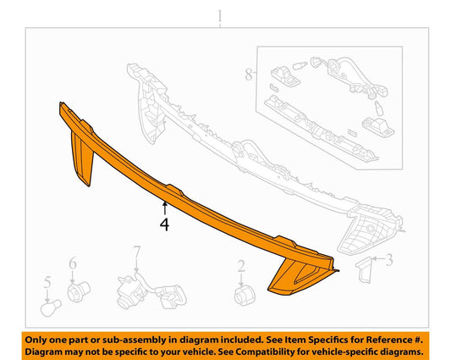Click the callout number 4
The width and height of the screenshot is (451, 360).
click(164, 224)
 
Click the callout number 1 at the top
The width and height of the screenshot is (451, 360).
click(220, 16)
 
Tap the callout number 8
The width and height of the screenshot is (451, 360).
click(249, 75)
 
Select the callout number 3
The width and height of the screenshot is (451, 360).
click(389, 260)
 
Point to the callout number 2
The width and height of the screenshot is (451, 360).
click(241, 266)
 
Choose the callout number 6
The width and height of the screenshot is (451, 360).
click(73, 263)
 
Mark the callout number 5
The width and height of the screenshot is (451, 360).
click(47, 282)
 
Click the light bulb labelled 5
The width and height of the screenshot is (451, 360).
click(51, 307)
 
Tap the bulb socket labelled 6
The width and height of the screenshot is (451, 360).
click(79, 291)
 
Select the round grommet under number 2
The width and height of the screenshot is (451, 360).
click(245, 296)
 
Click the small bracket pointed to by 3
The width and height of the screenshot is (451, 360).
click(363, 270)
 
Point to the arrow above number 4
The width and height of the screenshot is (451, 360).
click(165, 208)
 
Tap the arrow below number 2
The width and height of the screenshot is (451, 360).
click(241, 280)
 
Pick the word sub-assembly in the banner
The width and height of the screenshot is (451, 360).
click(135, 341)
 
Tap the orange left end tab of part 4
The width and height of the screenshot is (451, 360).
click(81, 157)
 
